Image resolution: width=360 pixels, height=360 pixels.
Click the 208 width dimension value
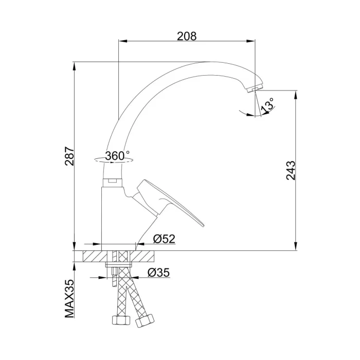187,36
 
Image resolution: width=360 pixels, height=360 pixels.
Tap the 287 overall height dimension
69,156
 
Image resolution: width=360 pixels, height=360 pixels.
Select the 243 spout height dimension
291,170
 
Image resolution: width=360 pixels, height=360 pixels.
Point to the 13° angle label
268,105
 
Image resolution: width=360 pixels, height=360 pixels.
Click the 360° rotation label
117,156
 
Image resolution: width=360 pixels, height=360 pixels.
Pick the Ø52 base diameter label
164,239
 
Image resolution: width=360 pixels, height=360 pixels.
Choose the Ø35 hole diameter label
158,273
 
